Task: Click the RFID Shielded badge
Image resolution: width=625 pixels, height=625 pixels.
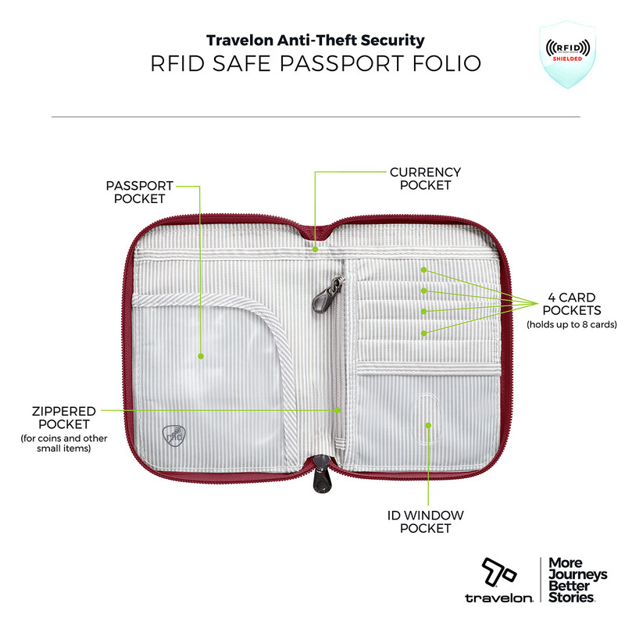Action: click(568, 54)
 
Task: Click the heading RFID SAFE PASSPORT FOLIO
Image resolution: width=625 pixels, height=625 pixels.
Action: click(316, 64)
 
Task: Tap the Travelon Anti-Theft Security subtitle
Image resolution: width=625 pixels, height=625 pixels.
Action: click(316, 41)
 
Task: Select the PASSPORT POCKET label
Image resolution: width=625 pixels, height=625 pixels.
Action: click(140, 192)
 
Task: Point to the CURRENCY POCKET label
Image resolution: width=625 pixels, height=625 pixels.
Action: click(425, 179)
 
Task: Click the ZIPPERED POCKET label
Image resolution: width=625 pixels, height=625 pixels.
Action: click(64, 418)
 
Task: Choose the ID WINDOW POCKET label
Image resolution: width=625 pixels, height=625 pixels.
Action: click(425, 522)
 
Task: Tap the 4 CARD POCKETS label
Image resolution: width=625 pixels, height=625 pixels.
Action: click(572, 304)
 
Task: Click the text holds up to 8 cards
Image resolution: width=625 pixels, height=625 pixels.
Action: click(572, 324)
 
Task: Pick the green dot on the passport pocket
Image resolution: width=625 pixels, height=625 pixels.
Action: click(201, 356)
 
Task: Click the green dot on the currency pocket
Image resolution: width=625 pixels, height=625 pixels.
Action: click(315, 249)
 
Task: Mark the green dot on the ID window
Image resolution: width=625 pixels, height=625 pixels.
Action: click(428, 426)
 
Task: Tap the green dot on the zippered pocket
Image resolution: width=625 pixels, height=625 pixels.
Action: click(337, 410)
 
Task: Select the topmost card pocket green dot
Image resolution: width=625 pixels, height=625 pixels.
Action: click(423, 270)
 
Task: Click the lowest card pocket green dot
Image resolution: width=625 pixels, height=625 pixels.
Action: click(423, 334)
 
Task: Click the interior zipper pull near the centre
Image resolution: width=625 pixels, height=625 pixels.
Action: click(327, 295)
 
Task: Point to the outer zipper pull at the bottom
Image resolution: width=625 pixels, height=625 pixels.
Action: click(321, 474)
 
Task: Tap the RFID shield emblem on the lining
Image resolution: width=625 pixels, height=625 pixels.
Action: click(174, 436)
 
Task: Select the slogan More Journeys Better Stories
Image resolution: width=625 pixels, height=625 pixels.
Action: click(577, 580)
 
